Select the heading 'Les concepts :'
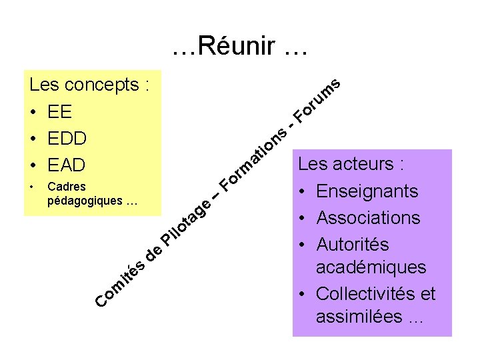pos(89,85)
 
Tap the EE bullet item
pos(60,111)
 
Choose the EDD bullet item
pos(67,138)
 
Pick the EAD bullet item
pos(67,165)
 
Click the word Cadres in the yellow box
pos(67,187)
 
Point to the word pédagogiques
pos(85,200)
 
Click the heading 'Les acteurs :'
pos(351,164)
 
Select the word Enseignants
pos(367,191)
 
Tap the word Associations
pos(368,218)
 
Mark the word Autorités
pos(352,245)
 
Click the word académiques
pos(371,267)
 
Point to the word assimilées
pos(359,317)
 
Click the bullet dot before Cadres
pos(32,187)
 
